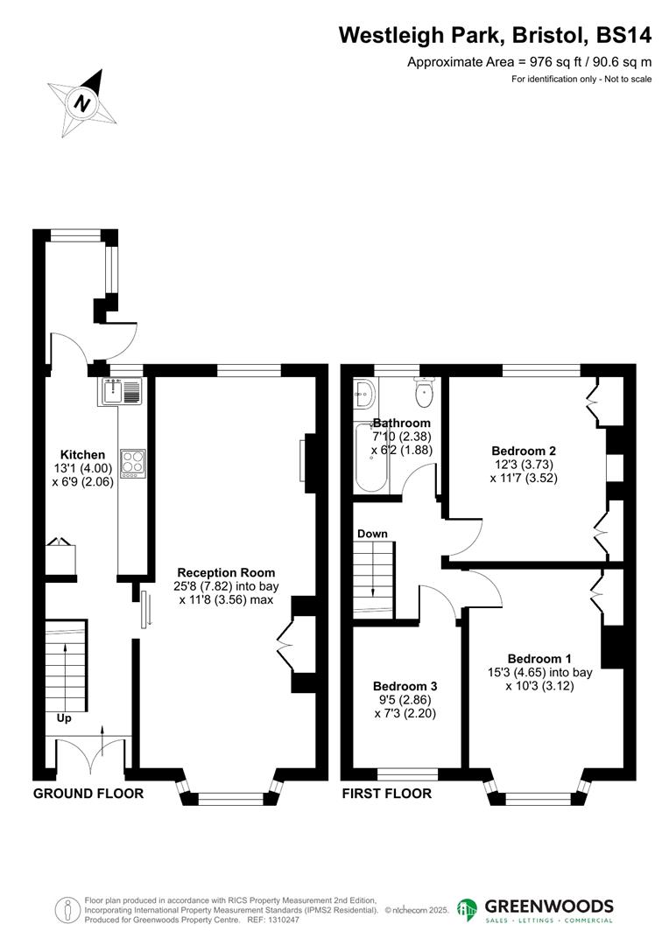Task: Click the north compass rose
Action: (83, 103)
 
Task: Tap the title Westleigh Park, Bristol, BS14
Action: (495, 36)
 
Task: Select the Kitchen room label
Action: (82, 455)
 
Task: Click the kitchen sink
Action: (121, 391)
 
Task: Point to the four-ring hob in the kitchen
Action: (133, 461)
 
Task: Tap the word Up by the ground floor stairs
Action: (64, 718)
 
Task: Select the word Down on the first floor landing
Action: (372, 534)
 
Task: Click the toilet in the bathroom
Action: (425, 393)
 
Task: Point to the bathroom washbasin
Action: (365, 395)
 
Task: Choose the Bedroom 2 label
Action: (524, 451)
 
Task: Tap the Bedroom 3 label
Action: (405, 687)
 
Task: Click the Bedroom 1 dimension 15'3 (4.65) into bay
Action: (549, 673)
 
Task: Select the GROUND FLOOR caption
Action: (88, 794)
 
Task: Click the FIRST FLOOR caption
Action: (386, 794)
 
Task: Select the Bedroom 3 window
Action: (407, 773)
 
